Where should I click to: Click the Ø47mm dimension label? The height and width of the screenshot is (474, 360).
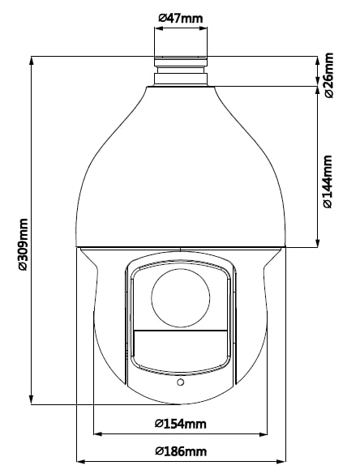tap(181, 18)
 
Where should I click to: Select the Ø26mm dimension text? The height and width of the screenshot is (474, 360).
tap(328, 75)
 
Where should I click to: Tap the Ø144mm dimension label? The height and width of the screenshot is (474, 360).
tap(328, 181)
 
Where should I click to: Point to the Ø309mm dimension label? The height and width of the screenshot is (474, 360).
tap(23, 244)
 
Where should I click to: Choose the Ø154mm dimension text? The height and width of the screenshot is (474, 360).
tap(181, 424)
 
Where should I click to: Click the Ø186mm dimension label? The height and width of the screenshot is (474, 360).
tap(181, 451)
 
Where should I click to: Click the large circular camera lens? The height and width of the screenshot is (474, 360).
tap(181, 297)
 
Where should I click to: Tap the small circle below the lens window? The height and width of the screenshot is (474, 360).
tap(180, 382)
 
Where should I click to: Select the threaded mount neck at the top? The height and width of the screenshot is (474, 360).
tap(181, 70)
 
